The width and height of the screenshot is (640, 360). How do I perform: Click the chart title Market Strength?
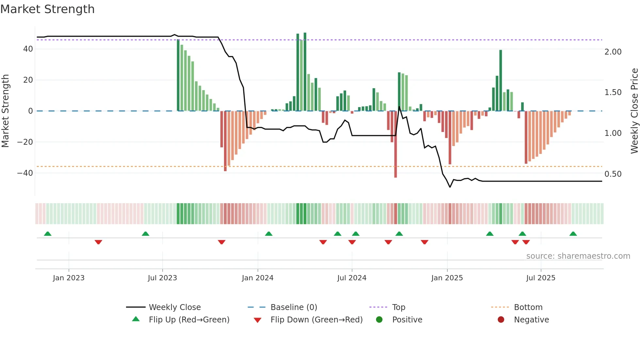pos(47,9)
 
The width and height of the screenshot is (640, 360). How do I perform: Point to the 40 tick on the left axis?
pos(28,49)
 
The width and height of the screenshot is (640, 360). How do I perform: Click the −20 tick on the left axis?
pos(25,142)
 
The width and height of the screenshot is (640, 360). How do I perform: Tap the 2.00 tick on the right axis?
pos(613,52)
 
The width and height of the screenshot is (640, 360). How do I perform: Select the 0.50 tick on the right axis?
pos(613,174)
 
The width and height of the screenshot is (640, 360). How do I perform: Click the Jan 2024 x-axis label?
pos(257,278)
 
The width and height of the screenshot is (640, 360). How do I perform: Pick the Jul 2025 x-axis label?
pos(540,278)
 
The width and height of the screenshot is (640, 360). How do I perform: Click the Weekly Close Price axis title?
pos(634,111)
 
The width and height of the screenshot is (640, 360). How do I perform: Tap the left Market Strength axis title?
pos(6,111)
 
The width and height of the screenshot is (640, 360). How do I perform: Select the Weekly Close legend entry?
pos(174,307)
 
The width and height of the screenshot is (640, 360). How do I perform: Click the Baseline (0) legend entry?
pos(294,307)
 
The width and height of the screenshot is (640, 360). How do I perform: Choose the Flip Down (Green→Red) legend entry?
pos(316,320)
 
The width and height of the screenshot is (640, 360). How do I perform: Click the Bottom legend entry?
pos(528,307)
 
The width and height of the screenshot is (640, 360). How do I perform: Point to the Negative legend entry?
pos(531,320)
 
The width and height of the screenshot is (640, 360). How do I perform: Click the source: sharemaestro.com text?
pos(578,256)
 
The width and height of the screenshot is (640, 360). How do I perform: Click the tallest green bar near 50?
pos(305,72)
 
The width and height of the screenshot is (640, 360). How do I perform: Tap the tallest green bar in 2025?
pos(501,80)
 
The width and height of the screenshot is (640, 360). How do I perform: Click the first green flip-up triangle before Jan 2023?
pos(48,234)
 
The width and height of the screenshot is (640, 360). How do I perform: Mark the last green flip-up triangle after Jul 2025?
pos(573,234)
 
